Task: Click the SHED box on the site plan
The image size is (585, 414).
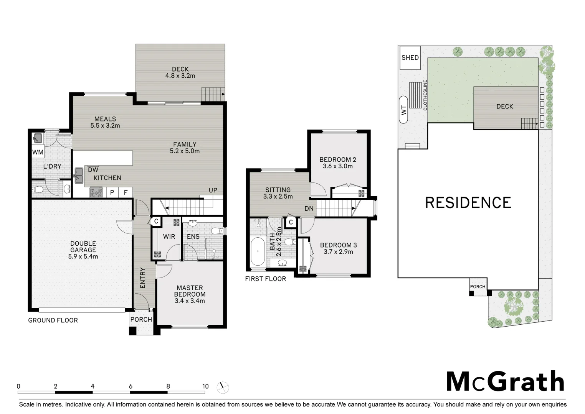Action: [x=410, y=58]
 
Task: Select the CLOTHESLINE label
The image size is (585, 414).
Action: [x=425, y=95]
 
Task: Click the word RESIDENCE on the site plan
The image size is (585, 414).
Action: [x=468, y=202]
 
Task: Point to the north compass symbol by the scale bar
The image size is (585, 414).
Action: [x=222, y=388]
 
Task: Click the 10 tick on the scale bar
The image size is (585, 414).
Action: [x=205, y=386]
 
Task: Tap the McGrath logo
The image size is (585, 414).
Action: [x=505, y=381]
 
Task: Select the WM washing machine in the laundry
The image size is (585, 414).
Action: [x=38, y=153]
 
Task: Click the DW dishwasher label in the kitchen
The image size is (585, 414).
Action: [x=93, y=170]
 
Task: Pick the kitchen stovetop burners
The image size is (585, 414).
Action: [x=96, y=192]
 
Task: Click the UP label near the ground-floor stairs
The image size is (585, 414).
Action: [x=213, y=191]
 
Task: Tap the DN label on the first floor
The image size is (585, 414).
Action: [x=309, y=209]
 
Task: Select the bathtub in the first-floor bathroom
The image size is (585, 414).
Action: [x=257, y=252]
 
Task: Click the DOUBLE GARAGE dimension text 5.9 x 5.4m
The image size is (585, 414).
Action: [x=83, y=256]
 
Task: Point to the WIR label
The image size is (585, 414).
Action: [x=169, y=237]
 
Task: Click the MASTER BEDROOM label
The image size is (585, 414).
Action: [x=190, y=291]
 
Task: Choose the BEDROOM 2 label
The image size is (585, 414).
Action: [x=338, y=159]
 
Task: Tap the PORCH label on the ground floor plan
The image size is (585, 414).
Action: [x=141, y=319]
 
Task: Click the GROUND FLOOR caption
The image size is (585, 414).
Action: [x=53, y=320]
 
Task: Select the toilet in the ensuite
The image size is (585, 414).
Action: [x=217, y=231]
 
